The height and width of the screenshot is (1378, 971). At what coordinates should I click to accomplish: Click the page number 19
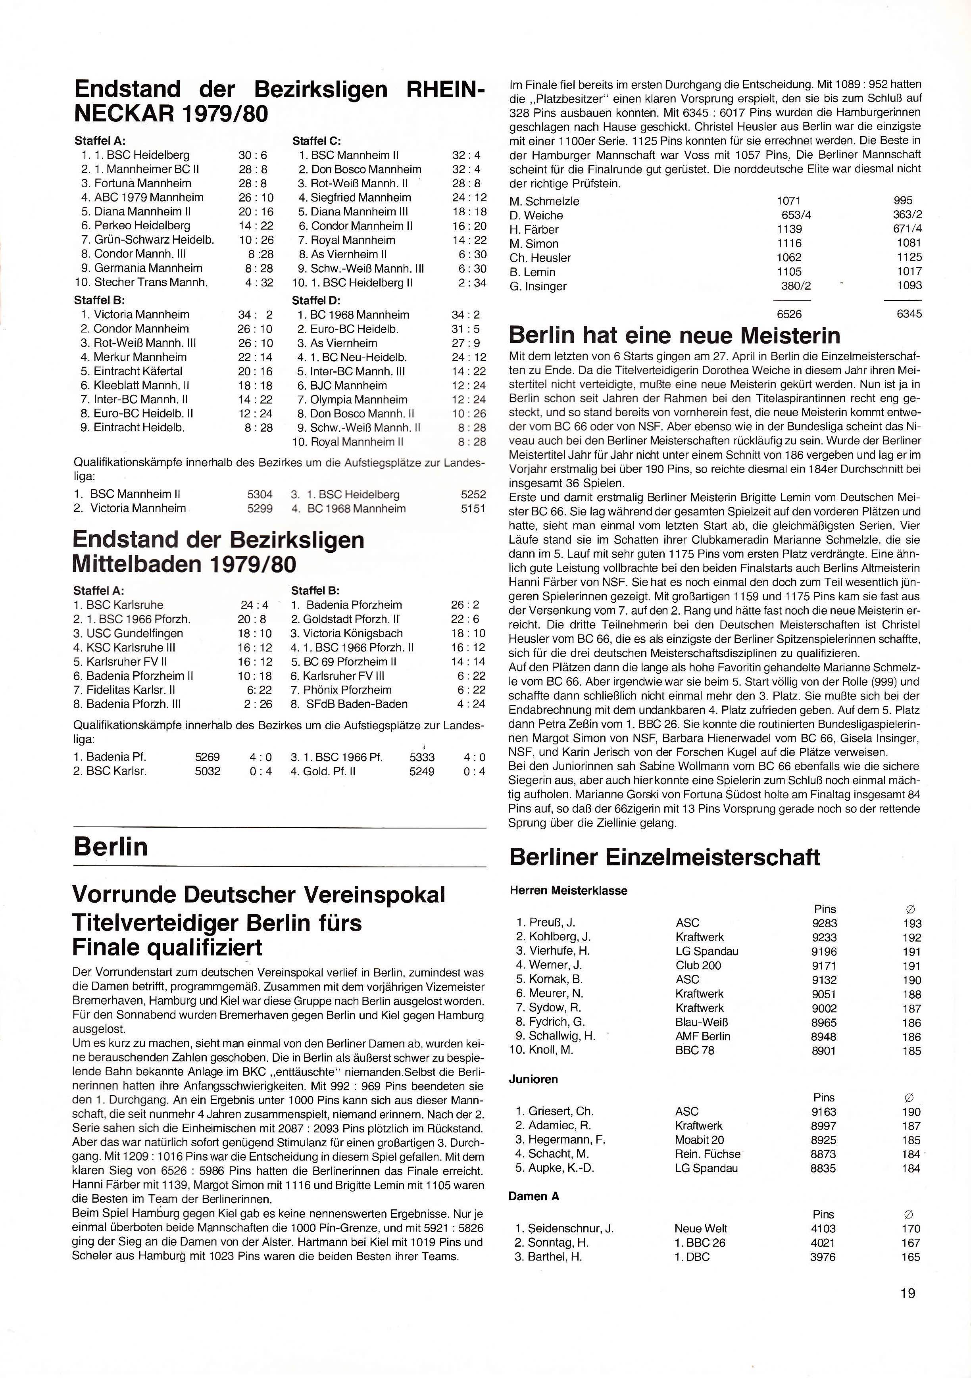point(908,1292)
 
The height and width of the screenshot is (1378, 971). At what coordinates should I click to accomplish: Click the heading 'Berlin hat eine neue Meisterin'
point(675,335)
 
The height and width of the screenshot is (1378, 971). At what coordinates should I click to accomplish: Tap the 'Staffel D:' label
point(316,300)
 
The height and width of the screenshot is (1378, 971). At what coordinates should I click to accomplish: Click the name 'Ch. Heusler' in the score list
point(540,258)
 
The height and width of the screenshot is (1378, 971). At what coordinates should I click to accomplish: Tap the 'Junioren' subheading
point(533,1079)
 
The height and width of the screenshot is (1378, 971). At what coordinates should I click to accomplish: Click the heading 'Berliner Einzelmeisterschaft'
point(664,857)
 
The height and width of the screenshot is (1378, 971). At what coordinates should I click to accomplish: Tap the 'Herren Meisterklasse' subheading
point(568,891)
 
